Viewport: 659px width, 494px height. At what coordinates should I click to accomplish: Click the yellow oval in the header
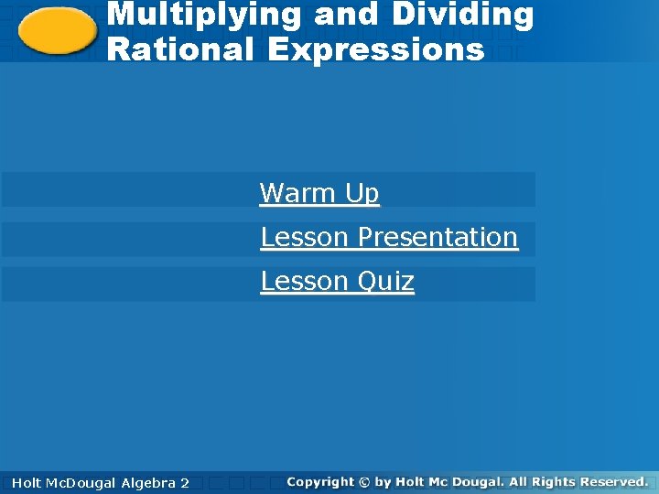57,32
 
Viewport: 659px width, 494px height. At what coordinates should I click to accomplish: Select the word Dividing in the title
467,16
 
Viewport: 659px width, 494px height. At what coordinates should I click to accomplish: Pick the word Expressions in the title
376,50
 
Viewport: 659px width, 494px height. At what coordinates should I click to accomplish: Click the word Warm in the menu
298,193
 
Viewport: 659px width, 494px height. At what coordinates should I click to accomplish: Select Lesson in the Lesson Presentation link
305,237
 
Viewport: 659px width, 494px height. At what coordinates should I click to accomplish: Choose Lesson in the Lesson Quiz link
305,281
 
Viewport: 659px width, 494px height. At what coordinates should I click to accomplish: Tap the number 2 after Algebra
185,482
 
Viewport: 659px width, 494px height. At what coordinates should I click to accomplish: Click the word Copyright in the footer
319,481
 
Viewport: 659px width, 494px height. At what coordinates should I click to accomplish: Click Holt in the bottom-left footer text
27,482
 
